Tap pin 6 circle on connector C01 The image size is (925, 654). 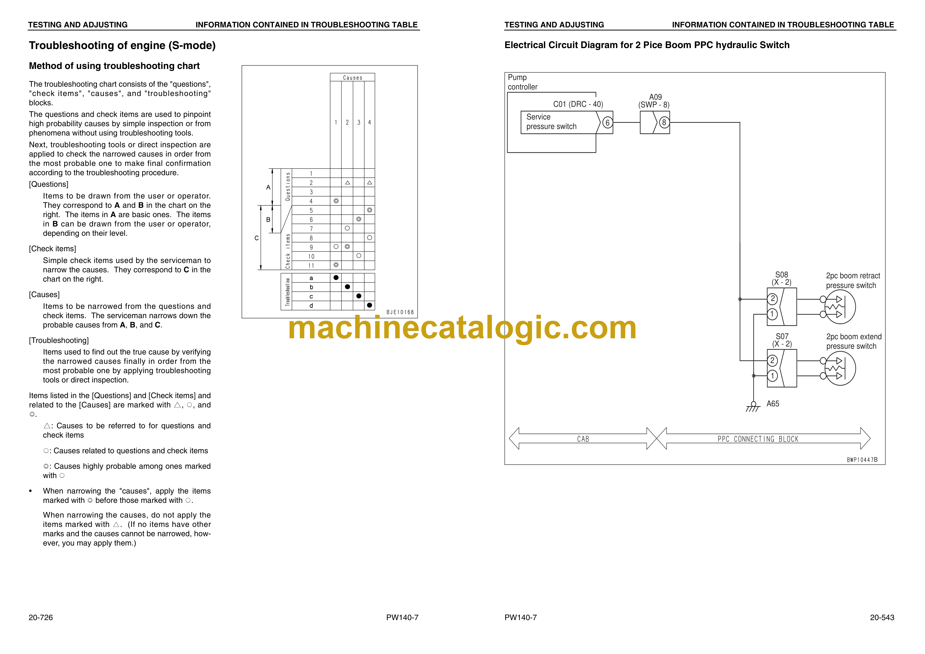[608, 122]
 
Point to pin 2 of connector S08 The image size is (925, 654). [772, 299]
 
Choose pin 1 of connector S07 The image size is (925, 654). [772, 376]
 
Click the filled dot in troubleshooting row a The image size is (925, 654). [336, 278]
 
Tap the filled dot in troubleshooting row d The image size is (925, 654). [369, 305]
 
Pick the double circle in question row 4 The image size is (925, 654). [336, 201]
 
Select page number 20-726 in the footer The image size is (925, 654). [41, 617]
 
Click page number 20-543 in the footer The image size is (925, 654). [882, 617]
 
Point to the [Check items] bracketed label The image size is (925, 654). [52, 248]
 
